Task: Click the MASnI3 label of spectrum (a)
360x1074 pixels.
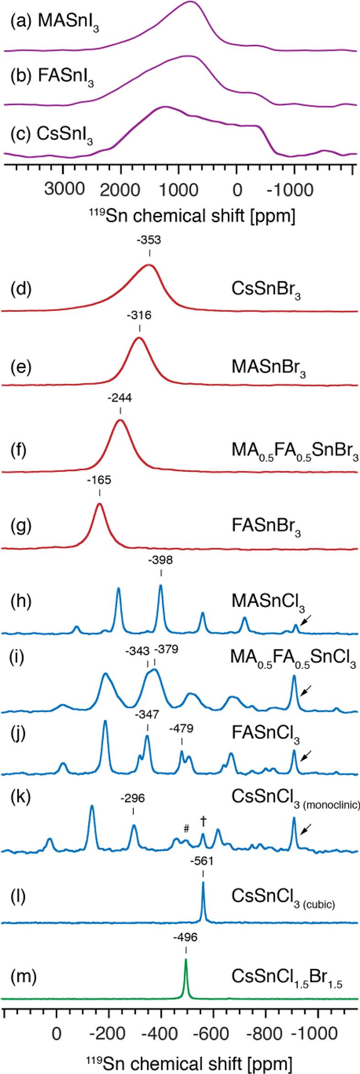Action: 69,24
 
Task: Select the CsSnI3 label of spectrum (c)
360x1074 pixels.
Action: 67,136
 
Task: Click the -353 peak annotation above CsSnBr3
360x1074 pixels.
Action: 150,240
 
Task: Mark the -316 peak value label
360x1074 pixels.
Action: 139,315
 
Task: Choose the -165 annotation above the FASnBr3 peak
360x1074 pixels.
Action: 100,480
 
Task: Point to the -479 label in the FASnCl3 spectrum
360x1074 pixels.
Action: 181,728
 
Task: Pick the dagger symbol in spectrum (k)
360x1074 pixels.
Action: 203,808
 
